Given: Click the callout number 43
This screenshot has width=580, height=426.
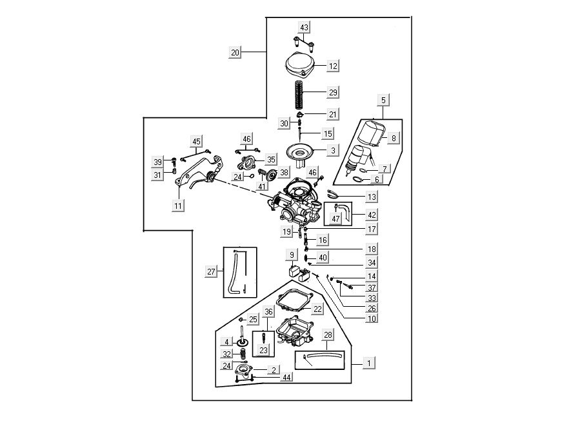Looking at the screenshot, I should [x=304, y=27].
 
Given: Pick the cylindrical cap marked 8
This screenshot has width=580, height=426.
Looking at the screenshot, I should [x=370, y=133].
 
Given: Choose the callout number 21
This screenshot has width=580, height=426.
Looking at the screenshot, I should [x=333, y=114].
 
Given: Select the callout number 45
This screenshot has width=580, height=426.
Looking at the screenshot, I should [x=197, y=142].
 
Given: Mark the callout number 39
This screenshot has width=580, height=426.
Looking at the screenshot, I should [x=158, y=161].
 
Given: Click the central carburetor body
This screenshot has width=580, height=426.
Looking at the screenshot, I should [x=297, y=200].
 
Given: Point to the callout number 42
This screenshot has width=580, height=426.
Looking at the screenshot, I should [x=372, y=214].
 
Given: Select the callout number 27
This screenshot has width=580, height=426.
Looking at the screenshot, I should [x=212, y=272].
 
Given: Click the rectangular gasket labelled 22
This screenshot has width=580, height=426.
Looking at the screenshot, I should [x=294, y=300].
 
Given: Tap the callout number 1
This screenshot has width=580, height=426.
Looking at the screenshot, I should [x=368, y=363].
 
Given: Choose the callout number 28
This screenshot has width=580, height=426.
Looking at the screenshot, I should [x=328, y=336].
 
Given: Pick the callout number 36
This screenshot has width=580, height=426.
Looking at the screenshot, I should [x=269, y=311].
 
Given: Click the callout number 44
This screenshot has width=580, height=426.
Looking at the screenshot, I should [x=286, y=377].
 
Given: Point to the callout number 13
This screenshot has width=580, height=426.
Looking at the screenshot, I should [x=372, y=196].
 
